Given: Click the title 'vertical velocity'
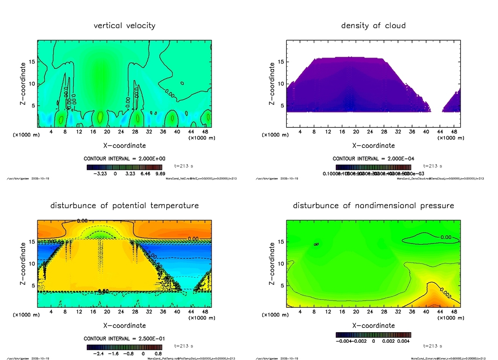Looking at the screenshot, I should pos(124,26).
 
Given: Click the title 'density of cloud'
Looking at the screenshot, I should pos(373,26).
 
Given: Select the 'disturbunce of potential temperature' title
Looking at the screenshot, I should pos(124,206).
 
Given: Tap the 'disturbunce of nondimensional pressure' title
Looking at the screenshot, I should pos(373,206).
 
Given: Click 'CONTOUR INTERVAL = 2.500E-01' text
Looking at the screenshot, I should pos(124,339).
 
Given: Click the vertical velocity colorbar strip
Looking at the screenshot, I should pos(124,167).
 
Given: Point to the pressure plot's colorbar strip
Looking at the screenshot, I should pos(373,334).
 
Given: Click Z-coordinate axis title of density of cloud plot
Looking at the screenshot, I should pos(272,83).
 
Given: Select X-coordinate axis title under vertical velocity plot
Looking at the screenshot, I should pos(124,146).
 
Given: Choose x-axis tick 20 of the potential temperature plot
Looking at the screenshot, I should pos(107,311).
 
